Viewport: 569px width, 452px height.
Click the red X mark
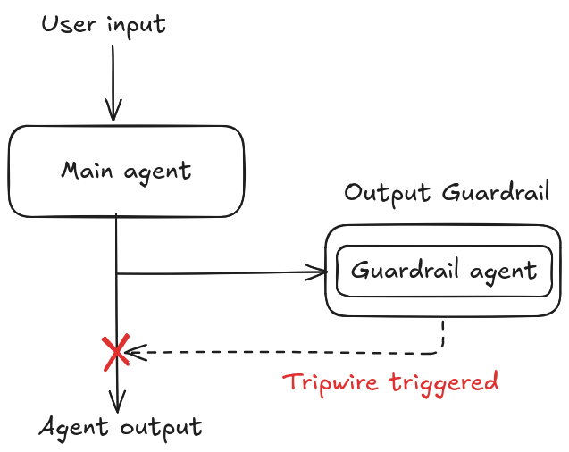pos(115,353)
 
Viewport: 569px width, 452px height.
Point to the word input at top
pos(136,25)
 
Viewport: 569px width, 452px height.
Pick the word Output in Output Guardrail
pos(387,193)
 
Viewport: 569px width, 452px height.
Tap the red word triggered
pos(447,383)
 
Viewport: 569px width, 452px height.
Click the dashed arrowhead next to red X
pos(134,352)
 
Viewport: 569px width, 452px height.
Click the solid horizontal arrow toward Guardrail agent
pos(219,272)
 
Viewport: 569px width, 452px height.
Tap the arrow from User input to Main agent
pos(113,80)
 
